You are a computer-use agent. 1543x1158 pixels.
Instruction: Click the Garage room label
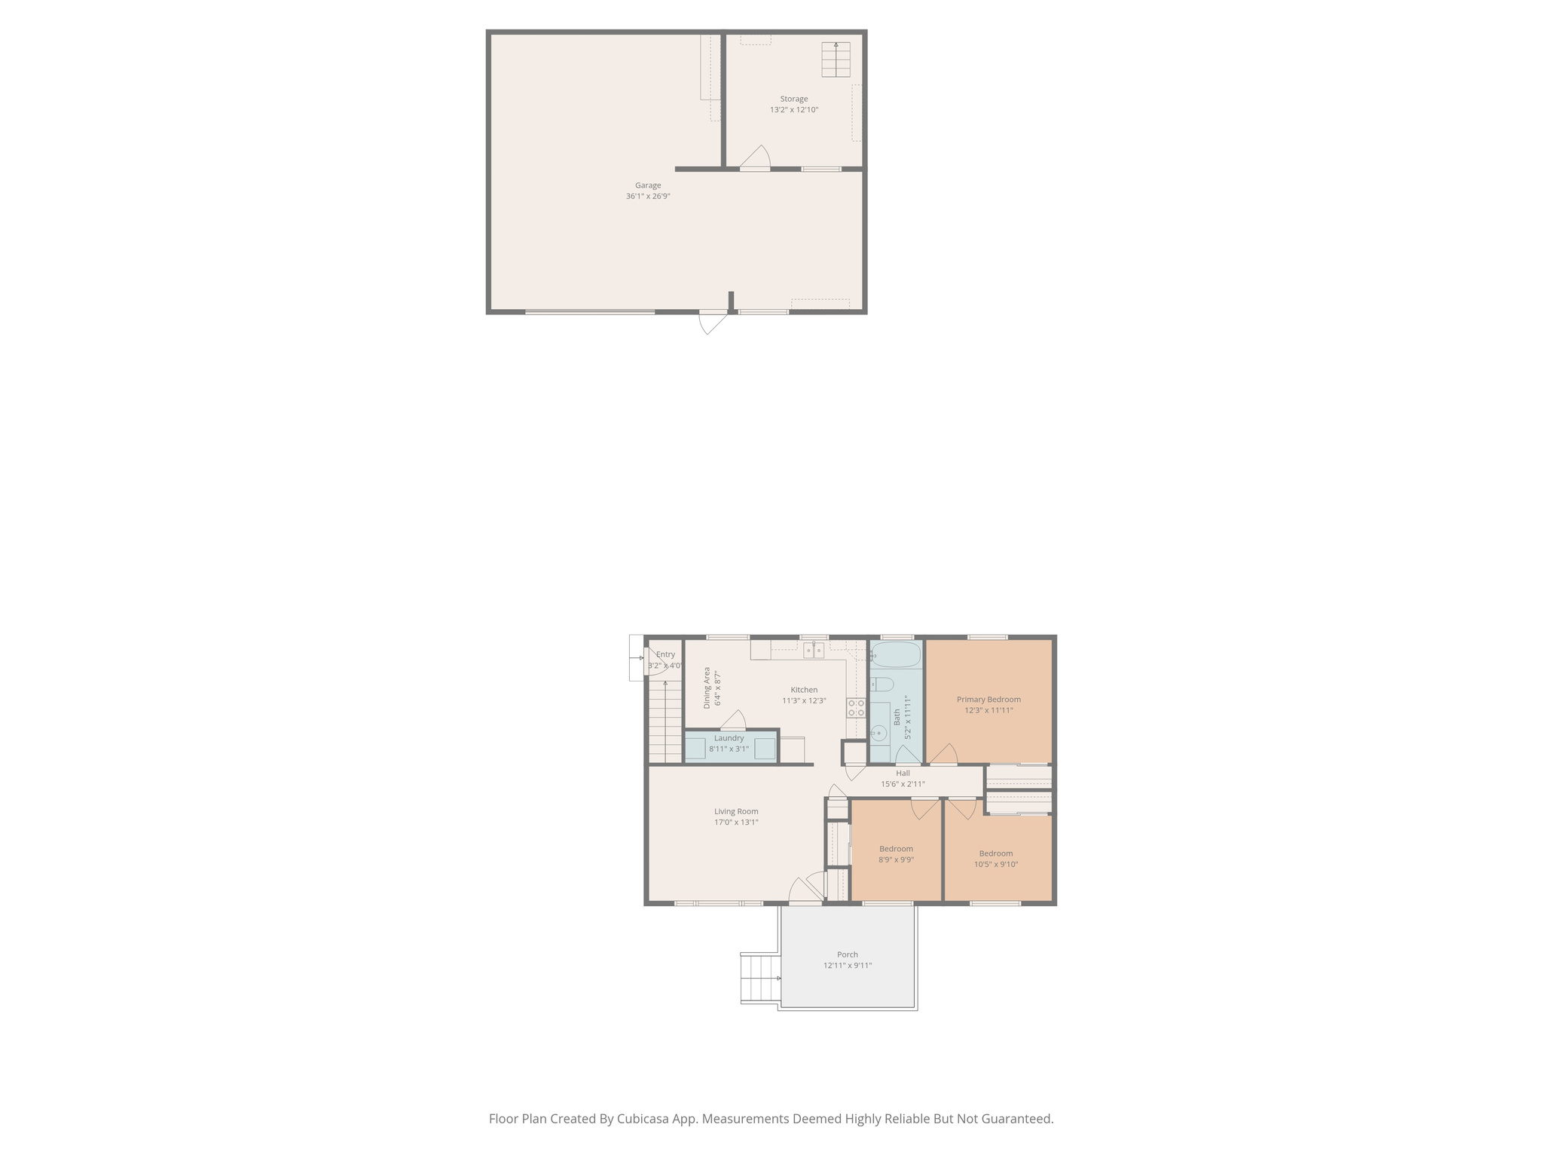pos(647,185)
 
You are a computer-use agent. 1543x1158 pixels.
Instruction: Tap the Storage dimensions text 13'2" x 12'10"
pos(793,110)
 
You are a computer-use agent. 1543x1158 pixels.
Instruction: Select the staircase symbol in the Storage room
pos(836,60)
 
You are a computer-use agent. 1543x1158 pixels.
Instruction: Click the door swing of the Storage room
pos(756,158)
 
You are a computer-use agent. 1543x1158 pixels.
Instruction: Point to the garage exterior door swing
pos(712,322)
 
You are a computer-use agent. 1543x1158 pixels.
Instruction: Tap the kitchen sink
pos(813,650)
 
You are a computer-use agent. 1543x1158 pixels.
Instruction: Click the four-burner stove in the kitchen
pos(856,708)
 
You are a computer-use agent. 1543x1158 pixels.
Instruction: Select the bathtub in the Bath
pos(896,654)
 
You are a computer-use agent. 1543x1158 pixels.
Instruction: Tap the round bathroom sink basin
pos(878,733)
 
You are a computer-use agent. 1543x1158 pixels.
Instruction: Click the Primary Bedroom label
pos(988,700)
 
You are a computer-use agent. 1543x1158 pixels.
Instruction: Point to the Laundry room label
pos(729,738)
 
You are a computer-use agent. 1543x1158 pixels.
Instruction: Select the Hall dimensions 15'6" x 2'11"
pos(903,784)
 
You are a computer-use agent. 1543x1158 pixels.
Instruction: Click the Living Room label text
pos(736,812)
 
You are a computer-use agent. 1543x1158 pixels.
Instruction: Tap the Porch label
pos(847,954)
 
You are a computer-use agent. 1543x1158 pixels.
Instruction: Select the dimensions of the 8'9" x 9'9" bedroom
pos(896,859)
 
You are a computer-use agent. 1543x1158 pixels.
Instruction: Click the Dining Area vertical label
pos(707,688)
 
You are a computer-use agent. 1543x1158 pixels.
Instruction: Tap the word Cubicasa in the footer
pos(646,1119)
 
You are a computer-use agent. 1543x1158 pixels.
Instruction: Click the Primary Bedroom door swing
pos(943,755)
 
